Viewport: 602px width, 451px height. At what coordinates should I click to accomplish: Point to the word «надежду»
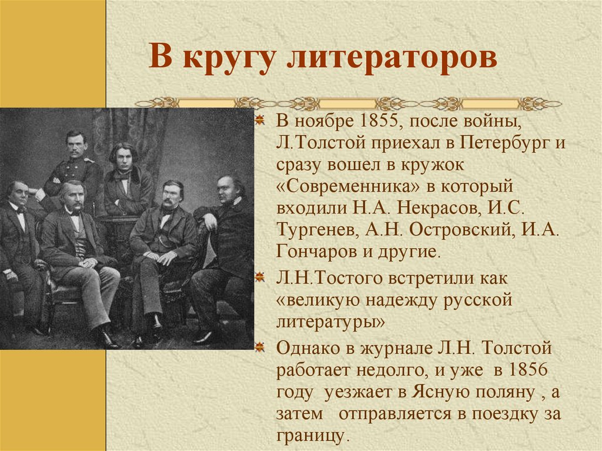coord(410,300)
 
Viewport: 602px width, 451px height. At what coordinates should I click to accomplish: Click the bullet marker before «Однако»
coord(259,349)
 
